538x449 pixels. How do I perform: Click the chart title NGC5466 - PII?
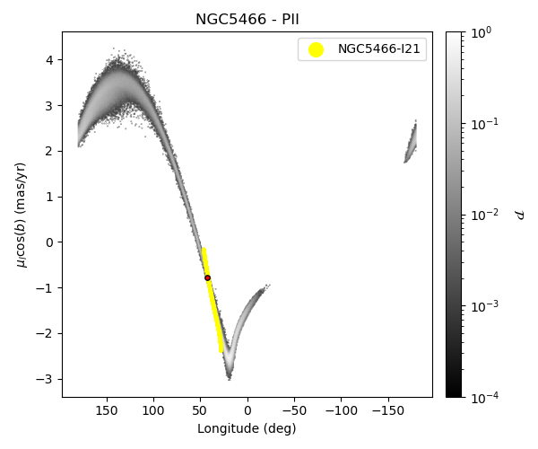pyautogui.click(x=247, y=20)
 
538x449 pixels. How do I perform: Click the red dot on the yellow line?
pyautogui.click(x=207, y=277)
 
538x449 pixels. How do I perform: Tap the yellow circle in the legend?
pyautogui.click(x=316, y=49)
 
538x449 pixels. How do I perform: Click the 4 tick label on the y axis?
pyautogui.click(x=49, y=59)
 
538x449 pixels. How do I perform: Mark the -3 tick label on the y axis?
pyautogui.click(x=47, y=379)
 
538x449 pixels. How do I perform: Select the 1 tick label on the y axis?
pyautogui.click(x=49, y=197)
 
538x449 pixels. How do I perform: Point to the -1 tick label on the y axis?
pyautogui.click(x=47, y=287)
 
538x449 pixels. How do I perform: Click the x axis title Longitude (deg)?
pyautogui.click(x=247, y=428)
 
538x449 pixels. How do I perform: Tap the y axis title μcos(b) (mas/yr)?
pyautogui.click(x=22, y=214)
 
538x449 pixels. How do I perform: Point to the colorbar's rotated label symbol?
pyautogui.click(x=519, y=214)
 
